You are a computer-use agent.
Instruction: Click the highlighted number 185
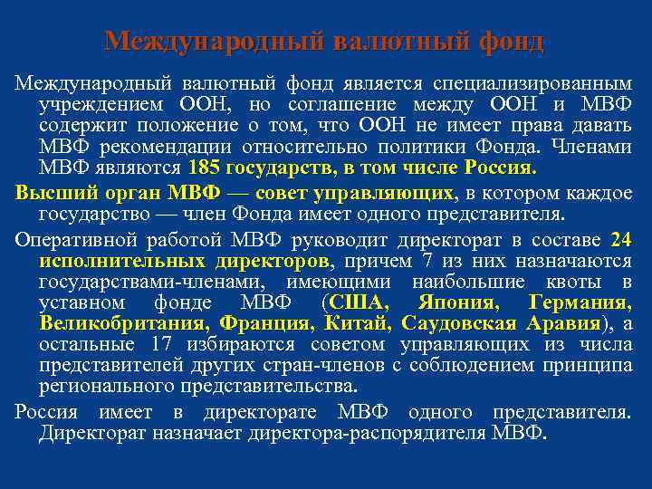pos(206,168)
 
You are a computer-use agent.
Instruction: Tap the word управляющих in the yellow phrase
pos(400,194)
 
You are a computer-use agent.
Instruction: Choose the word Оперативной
pos(73,240)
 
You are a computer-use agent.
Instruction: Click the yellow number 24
pos(621,240)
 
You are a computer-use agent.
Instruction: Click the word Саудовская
pos(459,323)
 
